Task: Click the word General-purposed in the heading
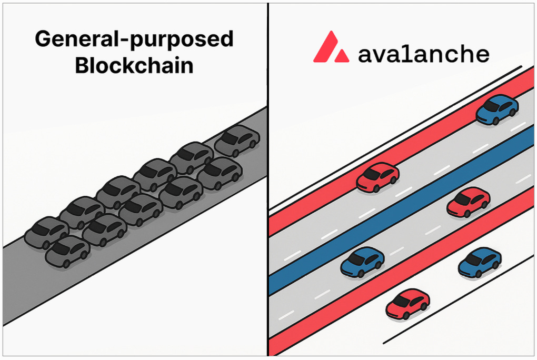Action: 134,41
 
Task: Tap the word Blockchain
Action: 134,66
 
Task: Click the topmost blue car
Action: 497,109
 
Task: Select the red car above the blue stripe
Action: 377,177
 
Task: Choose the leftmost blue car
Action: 362,262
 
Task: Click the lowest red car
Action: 407,303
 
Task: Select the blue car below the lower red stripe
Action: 479,262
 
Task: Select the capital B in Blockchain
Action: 82,66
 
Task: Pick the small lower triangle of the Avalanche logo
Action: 342,55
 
